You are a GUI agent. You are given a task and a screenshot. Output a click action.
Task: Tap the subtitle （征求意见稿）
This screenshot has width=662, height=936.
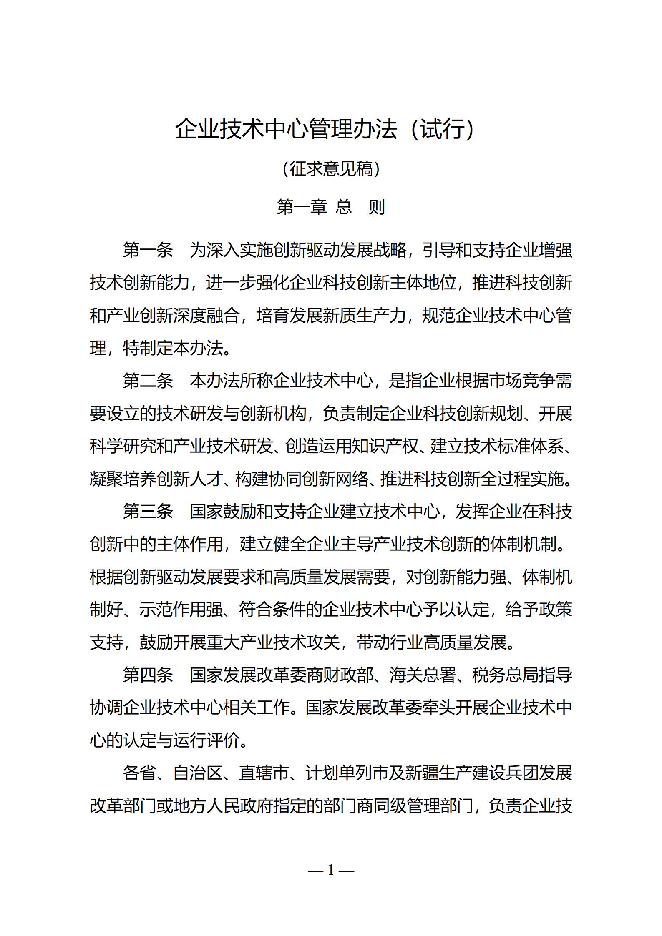point(331,169)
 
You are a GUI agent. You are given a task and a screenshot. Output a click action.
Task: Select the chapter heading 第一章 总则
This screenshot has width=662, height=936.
point(331,207)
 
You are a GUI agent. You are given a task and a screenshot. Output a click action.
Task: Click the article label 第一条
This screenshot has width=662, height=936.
point(148,250)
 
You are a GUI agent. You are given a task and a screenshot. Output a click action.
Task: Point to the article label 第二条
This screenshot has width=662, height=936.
point(148,381)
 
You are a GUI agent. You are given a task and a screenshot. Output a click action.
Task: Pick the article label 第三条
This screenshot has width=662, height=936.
point(148,512)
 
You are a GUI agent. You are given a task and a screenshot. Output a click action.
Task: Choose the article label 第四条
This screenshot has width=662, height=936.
point(148,675)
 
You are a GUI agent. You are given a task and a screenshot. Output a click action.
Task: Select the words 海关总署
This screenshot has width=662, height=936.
point(422,675)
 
